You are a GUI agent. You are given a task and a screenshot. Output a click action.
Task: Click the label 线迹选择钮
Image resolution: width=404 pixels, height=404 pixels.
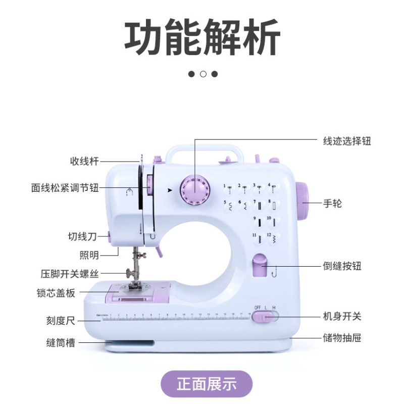[347, 141]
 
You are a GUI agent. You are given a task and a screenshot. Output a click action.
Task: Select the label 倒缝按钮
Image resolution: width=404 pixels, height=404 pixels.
[342, 266]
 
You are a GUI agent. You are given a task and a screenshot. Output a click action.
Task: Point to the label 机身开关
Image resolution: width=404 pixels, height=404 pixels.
[342, 317]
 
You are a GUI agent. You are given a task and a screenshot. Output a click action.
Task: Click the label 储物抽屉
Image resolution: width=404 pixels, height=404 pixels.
[342, 337]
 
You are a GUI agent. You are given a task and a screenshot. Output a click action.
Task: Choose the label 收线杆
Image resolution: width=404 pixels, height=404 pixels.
[84, 162]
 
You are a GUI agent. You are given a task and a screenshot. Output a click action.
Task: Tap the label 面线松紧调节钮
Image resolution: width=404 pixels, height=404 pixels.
[65, 188]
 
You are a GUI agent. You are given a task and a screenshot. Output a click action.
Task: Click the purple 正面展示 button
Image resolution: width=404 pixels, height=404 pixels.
[206, 384]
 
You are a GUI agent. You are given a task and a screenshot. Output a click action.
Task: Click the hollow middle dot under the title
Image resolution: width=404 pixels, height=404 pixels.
[203, 74]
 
